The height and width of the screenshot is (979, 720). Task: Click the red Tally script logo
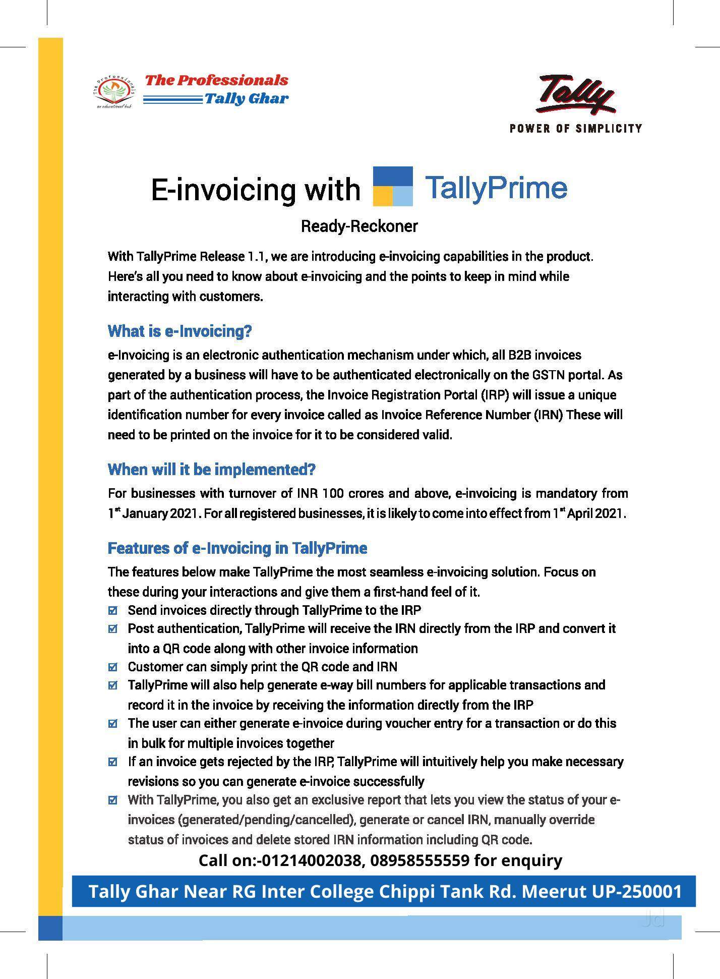click(x=575, y=94)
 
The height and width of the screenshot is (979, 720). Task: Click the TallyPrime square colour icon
click(x=393, y=186)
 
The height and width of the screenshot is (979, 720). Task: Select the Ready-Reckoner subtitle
click(x=359, y=226)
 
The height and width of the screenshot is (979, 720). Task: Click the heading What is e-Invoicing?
click(x=179, y=331)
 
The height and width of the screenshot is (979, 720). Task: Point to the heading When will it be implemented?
click(x=211, y=470)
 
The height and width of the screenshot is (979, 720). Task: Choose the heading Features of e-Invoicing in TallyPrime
click(x=237, y=548)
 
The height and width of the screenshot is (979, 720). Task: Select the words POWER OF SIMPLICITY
click(x=576, y=128)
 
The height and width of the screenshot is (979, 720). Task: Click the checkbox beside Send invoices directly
click(x=113, y=611)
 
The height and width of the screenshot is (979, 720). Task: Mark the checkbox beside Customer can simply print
click(x=113, y=667)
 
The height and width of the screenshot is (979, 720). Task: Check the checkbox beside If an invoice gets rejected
click(x=113, y=762)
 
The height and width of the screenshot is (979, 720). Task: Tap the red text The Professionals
click(x=216, y=80)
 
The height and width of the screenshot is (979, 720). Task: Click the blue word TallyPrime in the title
click(x=496, y=188)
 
